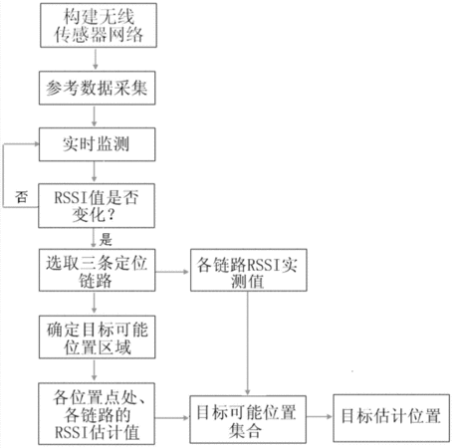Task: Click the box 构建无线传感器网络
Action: (99, 25)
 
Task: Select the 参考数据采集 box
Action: (98, 88)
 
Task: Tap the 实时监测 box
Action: (98, 144)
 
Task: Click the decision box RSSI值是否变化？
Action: (97, 206)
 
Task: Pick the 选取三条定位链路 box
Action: (98, 270)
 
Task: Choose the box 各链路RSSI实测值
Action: (249, 270)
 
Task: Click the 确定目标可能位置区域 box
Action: (98, 337)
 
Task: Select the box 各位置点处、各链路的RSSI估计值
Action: (97, 414)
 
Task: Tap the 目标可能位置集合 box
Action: (248, 419)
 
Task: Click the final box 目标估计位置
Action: (391, 418)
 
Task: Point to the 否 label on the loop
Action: (21, 197)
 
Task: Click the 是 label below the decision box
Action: (106, 239)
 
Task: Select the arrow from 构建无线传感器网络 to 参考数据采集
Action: (96, 59)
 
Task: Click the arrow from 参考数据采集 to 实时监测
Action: (95, 116)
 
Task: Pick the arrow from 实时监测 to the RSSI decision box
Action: (95, 172)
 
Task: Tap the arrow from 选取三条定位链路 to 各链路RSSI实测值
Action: (172, 272)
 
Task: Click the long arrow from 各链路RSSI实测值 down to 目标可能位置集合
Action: (248, 343)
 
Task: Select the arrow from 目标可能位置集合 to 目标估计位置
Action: (320, 417)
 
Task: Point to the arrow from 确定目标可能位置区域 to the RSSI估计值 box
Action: (95, 370)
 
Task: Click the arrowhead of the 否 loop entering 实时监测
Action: (37, 144)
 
